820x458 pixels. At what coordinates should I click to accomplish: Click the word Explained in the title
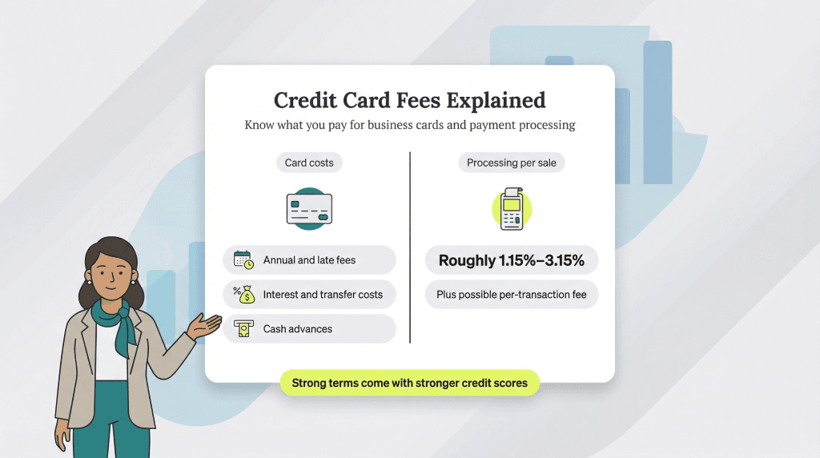coord(496,101)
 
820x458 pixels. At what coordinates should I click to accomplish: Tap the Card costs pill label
coord(309,163)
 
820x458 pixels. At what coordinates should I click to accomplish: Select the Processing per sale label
coord(512,163)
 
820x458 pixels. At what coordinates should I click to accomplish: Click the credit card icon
coord(309,208)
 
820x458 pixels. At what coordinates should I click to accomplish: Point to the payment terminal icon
coord(511,208)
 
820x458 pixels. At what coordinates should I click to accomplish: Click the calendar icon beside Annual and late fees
coord(243,260)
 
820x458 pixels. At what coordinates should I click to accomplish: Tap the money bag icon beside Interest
coord(243,295)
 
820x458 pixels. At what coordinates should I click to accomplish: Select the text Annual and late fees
coord(309,260)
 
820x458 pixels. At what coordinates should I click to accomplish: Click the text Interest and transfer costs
coord(323,295)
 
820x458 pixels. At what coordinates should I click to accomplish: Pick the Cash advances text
coord(297,329)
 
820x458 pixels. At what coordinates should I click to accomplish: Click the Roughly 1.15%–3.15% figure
coord(511,260)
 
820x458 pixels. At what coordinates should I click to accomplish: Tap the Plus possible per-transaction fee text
coord(511,295)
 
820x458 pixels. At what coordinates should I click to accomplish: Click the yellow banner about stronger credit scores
coord(409,383)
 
